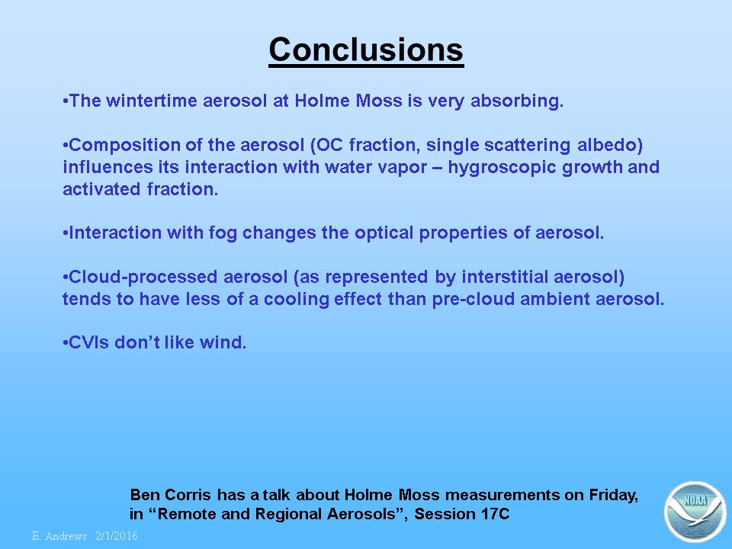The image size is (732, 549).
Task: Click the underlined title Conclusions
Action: click(x=366, y=50)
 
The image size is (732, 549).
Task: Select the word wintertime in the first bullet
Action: click(x=152, y=101)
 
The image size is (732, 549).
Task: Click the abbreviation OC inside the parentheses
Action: click(x=329, y=145)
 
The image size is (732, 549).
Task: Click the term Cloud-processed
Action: click(x=143, y=278)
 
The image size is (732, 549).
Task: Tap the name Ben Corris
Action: click(x=170, y=494)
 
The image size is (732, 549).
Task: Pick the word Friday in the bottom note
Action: click(x=613, y=496)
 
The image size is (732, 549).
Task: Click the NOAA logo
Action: click(x=695, y=512)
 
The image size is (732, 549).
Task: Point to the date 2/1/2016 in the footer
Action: click(x=117, y=536)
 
